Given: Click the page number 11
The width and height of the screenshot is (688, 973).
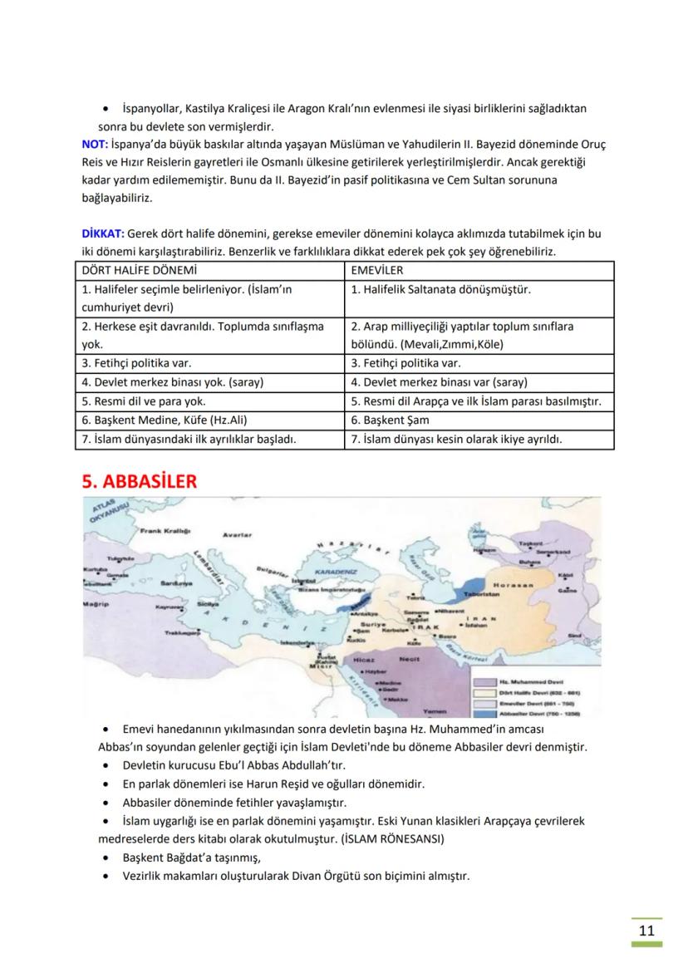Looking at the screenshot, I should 646,930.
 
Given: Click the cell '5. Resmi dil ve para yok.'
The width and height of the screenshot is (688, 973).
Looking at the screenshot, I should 144,401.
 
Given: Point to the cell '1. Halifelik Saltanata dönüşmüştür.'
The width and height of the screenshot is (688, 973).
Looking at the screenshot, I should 440,289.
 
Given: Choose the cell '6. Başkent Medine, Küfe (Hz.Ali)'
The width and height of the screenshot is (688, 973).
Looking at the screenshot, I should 165,420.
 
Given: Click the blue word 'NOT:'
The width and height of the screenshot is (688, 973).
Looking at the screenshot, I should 95,143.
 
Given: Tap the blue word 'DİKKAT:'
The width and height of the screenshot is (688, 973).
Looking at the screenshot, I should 102,233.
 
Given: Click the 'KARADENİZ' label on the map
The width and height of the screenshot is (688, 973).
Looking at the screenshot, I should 336,572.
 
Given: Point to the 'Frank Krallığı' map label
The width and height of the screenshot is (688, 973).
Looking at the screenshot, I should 165,529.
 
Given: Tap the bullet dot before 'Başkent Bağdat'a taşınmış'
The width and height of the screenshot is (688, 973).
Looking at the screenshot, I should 104,857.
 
